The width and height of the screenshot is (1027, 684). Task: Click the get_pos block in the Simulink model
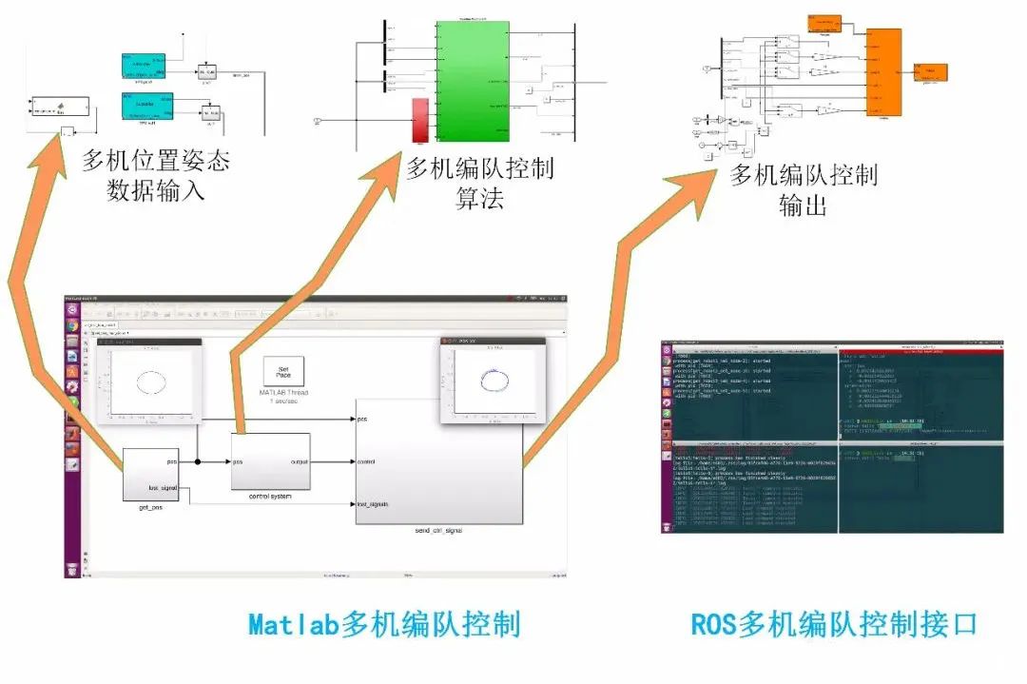pos(151,475)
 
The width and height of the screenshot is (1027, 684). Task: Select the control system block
pos(271,461)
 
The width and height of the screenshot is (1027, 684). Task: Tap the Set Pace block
pos(283,371)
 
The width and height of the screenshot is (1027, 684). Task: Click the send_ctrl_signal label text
pos(438,530)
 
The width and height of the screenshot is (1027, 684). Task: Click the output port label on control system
pos(299,462)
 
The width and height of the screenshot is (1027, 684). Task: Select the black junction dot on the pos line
pos(198,462)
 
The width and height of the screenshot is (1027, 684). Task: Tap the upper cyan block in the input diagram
pos(147,66)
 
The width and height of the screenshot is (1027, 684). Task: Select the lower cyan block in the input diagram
pos(147,106)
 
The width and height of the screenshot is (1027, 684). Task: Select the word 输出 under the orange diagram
pos(804,204)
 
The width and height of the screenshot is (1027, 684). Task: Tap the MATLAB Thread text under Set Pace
pos(282,393)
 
